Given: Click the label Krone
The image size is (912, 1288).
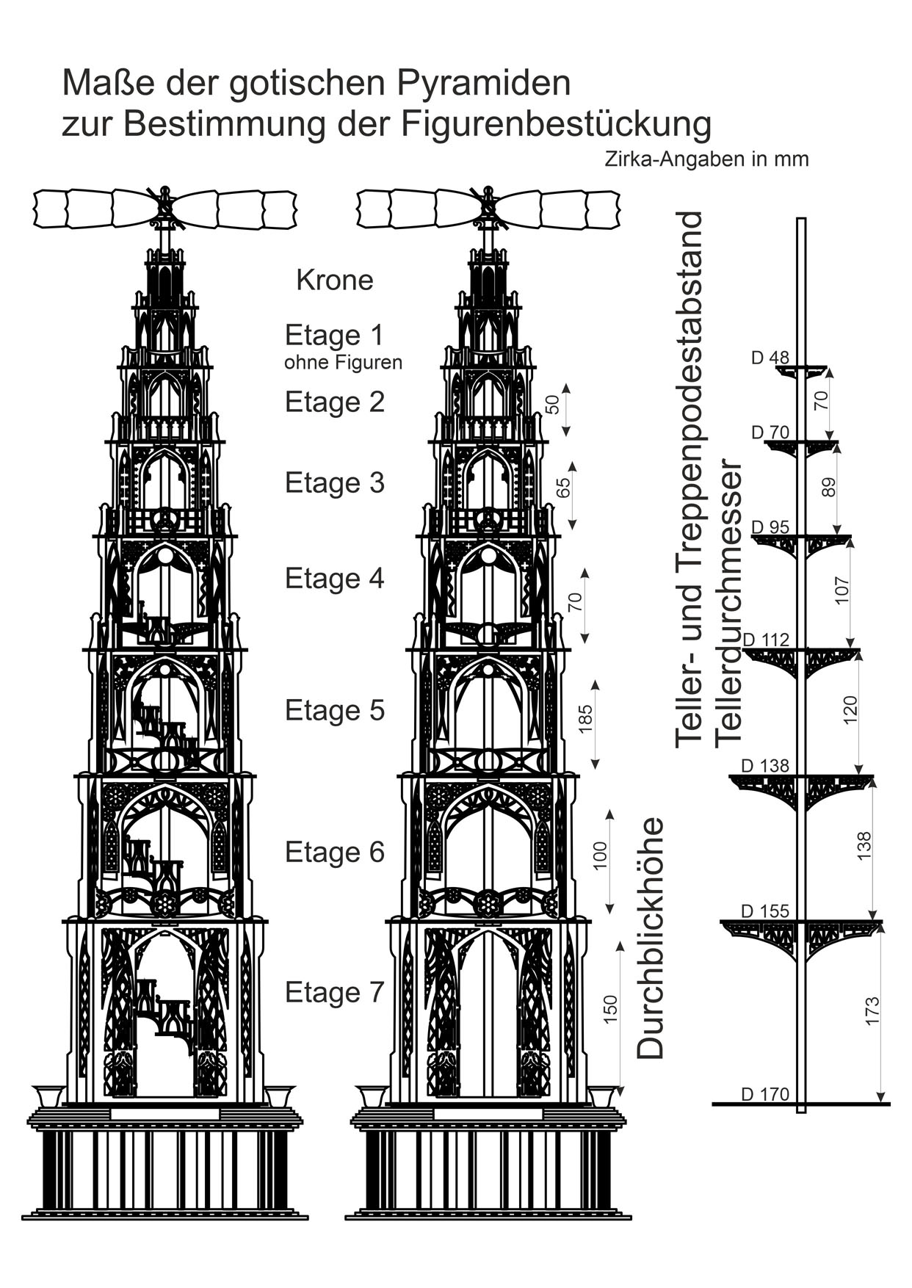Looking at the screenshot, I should tap(335, 280).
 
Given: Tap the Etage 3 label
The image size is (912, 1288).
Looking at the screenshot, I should tap(335, 483).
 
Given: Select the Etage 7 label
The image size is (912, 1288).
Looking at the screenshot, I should tap(335, 993).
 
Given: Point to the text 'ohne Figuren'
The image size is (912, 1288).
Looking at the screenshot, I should tap(343, 363).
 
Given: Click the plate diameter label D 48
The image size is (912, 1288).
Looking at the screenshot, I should tap(770, 358).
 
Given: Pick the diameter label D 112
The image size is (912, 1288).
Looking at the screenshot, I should tap(766, 640).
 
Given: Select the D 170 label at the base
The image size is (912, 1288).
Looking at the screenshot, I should tap(765, 1095).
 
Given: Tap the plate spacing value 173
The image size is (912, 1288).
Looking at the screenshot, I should tap(872, 1011).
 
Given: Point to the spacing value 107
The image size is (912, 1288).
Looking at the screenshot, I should tap(842, 590).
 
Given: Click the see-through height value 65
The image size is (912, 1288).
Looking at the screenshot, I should tap(563, 488).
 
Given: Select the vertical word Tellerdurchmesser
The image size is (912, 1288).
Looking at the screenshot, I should tap(729, 602).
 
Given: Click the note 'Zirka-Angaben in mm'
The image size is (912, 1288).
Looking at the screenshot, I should tap(706, 159).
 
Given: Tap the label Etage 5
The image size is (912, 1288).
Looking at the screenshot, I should tap(335, 711).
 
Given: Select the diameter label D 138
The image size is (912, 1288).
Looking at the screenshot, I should tap(765, 766).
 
